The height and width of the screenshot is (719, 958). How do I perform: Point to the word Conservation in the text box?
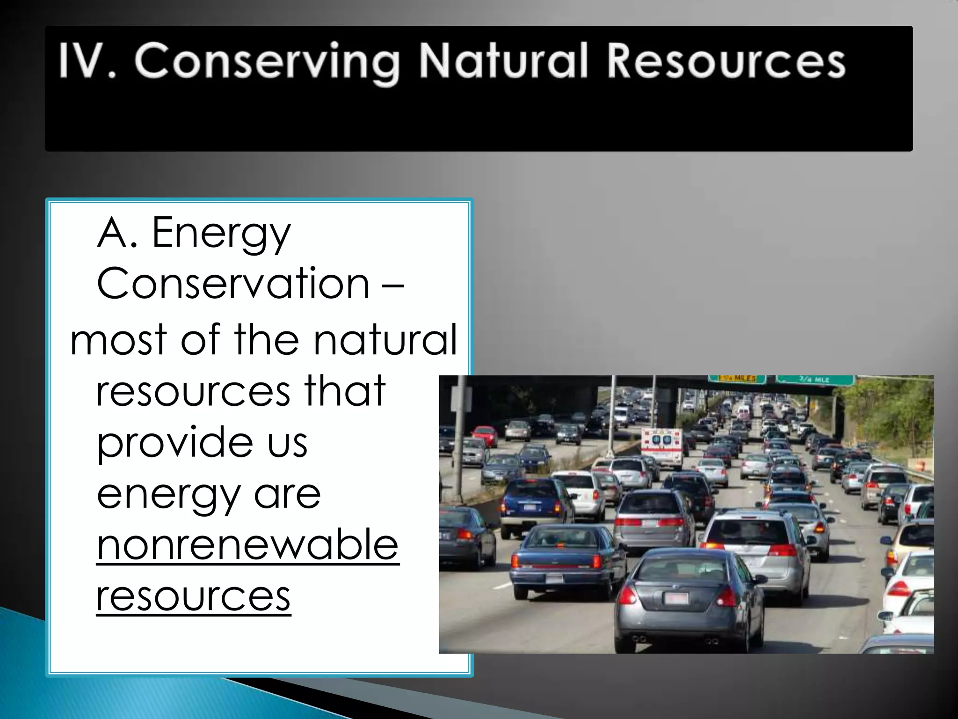[233, 284]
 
